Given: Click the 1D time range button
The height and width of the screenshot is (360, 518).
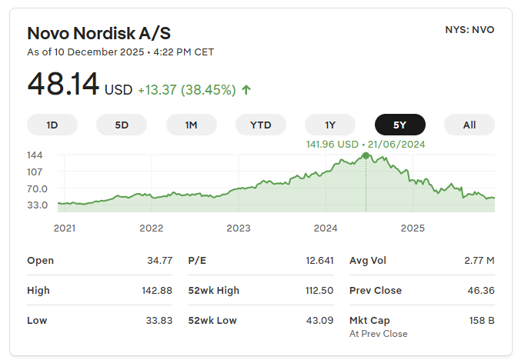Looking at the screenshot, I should point(52,125).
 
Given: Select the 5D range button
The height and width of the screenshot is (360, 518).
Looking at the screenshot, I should point(122,125).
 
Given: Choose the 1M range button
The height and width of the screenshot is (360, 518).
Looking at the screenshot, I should point(192,125).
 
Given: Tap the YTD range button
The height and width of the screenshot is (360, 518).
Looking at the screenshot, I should point(261,125).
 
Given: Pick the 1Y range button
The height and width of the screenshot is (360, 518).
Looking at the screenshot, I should point(330,125).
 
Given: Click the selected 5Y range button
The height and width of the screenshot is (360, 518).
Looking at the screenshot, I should point(400,125).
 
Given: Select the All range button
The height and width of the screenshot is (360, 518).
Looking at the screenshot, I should point(470,125).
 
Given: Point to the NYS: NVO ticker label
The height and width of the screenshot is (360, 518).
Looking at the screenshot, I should point(470,30).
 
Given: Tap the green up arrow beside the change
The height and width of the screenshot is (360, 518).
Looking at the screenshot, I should point(246,90).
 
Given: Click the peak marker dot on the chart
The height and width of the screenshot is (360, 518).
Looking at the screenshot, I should point(366,156).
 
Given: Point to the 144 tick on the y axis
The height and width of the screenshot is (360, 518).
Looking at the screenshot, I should point(35,155).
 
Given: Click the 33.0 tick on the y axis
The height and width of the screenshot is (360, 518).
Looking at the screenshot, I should point(37,205).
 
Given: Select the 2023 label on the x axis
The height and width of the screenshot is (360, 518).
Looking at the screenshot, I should point(239,228).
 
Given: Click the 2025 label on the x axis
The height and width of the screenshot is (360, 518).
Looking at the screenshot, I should point(413,228).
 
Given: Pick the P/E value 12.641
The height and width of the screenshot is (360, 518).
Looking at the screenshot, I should point(319,261).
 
